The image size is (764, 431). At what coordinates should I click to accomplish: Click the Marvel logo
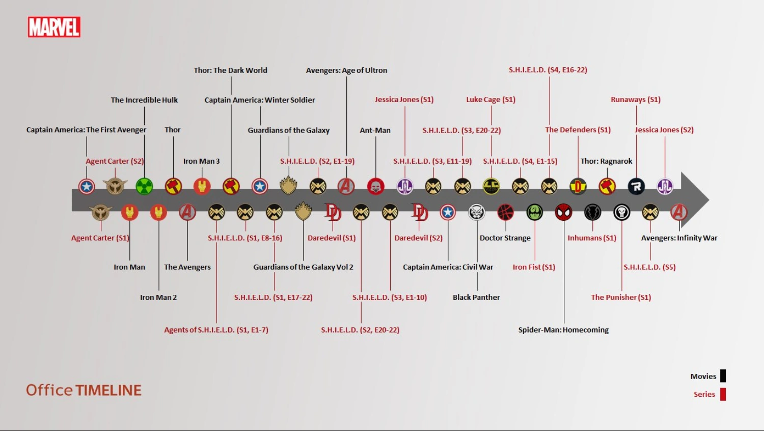coord(54,27)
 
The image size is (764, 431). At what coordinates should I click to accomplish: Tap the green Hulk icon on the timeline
coord(145,186)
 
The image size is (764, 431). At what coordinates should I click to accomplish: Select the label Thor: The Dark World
coord(230,70)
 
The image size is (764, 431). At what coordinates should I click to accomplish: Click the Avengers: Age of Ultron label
coord(346,70)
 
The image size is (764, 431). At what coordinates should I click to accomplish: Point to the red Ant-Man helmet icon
coord(376,186)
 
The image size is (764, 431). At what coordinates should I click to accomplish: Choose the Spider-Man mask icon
coord(564,212)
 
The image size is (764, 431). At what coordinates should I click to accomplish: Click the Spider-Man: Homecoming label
coord(563,330)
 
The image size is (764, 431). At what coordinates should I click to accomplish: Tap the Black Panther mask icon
coord(477,212)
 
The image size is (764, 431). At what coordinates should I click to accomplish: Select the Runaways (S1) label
coord(636,99)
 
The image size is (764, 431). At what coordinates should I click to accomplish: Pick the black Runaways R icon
coord(636,186)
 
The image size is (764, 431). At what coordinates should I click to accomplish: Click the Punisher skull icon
coord(621,212)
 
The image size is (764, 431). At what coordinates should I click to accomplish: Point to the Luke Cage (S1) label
coord(491,99)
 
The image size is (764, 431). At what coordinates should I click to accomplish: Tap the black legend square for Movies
coord(723,376)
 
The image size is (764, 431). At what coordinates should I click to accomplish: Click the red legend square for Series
coord(723,394)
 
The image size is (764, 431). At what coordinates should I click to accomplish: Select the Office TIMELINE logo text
coord(84,390)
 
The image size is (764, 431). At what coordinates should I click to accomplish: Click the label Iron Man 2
coord(158,297)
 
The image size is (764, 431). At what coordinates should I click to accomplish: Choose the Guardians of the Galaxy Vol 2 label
coord(303,267)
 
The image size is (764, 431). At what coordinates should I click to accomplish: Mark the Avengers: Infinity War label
coord(679,238)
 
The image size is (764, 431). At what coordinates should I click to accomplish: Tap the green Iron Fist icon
coord(535,212)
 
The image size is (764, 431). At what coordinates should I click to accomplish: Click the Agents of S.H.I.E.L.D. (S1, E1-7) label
coord(216,330)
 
